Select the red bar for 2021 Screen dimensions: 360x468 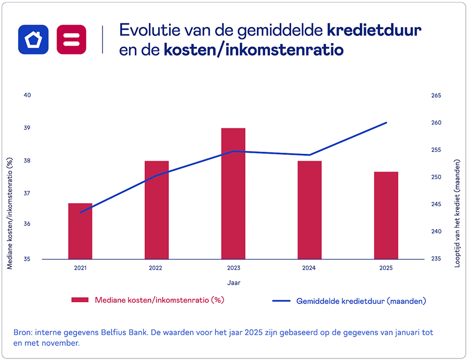[80, 231]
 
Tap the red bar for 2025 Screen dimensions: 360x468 [386, 215]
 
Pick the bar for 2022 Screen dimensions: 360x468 [157, 210]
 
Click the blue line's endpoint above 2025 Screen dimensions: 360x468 [386, 123]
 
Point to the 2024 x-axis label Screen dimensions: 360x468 [309, 269]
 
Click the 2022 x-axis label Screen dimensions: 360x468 [155, 269]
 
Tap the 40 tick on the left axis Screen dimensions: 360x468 [28, 95]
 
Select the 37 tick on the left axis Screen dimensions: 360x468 [28, 193]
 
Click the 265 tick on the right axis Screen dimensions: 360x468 [436, 96]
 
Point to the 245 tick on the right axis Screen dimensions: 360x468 [436, 204]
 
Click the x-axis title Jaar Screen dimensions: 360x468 [233, 283]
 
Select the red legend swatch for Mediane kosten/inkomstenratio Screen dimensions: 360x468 [80, 300]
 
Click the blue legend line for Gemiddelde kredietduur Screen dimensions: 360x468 [281, 301]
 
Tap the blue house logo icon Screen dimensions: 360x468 [33, 39]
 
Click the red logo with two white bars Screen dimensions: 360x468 [71, 39]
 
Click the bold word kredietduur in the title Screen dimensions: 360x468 [374, 30]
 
